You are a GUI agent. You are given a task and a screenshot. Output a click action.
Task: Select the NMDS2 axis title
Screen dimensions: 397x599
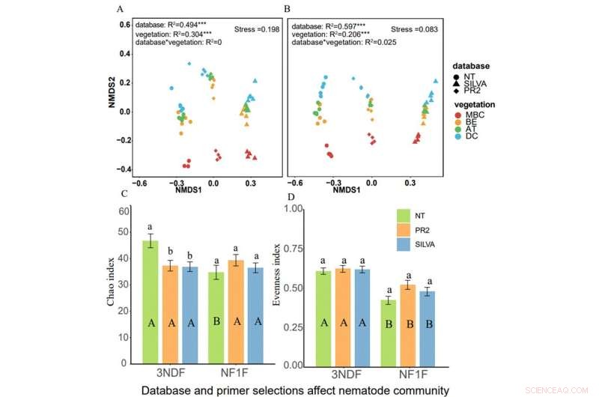[x=111, y=97]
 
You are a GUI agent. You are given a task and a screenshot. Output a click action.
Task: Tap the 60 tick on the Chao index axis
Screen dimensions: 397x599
[x=125, y=213]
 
